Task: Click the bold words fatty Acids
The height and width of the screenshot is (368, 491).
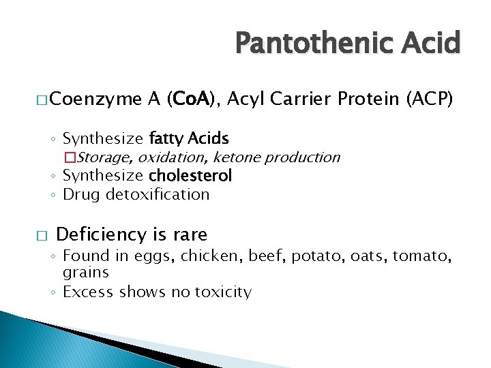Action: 188,139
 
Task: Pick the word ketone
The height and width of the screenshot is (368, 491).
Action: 237,157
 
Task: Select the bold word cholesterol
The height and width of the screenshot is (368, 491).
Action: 190,176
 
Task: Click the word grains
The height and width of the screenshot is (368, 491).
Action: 86,273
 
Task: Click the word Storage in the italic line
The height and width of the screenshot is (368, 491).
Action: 105,157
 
